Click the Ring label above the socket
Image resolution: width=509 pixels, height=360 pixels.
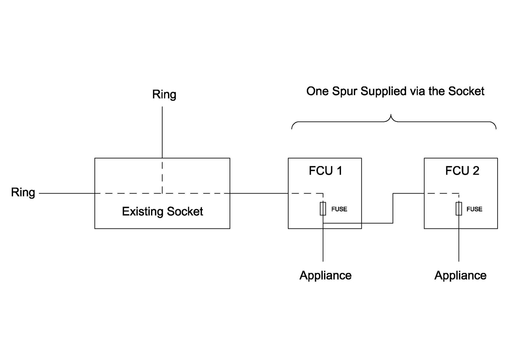pyautogui.click(x=164, y=95)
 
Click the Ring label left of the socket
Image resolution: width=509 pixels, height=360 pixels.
pyautogui.click(x=23, y=193)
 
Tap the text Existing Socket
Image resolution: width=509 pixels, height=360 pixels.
pyautogui.click(x=162, y=211)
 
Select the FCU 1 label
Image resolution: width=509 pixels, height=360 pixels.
pyautogui.click(x=325, y=171)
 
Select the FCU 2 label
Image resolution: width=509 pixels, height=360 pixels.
pyautogui.click(x=462, y=171)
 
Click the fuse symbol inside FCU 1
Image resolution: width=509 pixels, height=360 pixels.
pyautogui.click(x=323, y=209)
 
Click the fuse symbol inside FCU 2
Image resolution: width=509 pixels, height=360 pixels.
pyautogui.click(x=459, y=209)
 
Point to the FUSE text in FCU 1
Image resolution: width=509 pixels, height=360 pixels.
pyautogui.click(x=339, y=209)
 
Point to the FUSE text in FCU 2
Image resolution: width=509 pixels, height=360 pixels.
pyautogui.click(x=474, y=209)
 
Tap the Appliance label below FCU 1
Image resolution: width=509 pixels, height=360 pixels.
pyautogui.click(x=325, y=275)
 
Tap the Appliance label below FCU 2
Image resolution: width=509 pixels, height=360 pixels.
pyautogui.click(x=460, y=275)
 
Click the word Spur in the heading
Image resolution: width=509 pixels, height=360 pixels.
pyautogui.click(x=345, y=91)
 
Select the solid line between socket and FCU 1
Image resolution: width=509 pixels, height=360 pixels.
pyautogui.click(x=259, y=193)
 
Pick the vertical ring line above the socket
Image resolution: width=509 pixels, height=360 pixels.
pyautogui.click(x=162, y=132)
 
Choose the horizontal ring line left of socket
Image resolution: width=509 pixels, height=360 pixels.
pyautogui.click(x=67, y=193)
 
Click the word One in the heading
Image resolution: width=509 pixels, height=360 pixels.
pyautogui.click(x=317, y=91)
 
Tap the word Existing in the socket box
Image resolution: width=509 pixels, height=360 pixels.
pyautogui.click(x=143, y=211)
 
